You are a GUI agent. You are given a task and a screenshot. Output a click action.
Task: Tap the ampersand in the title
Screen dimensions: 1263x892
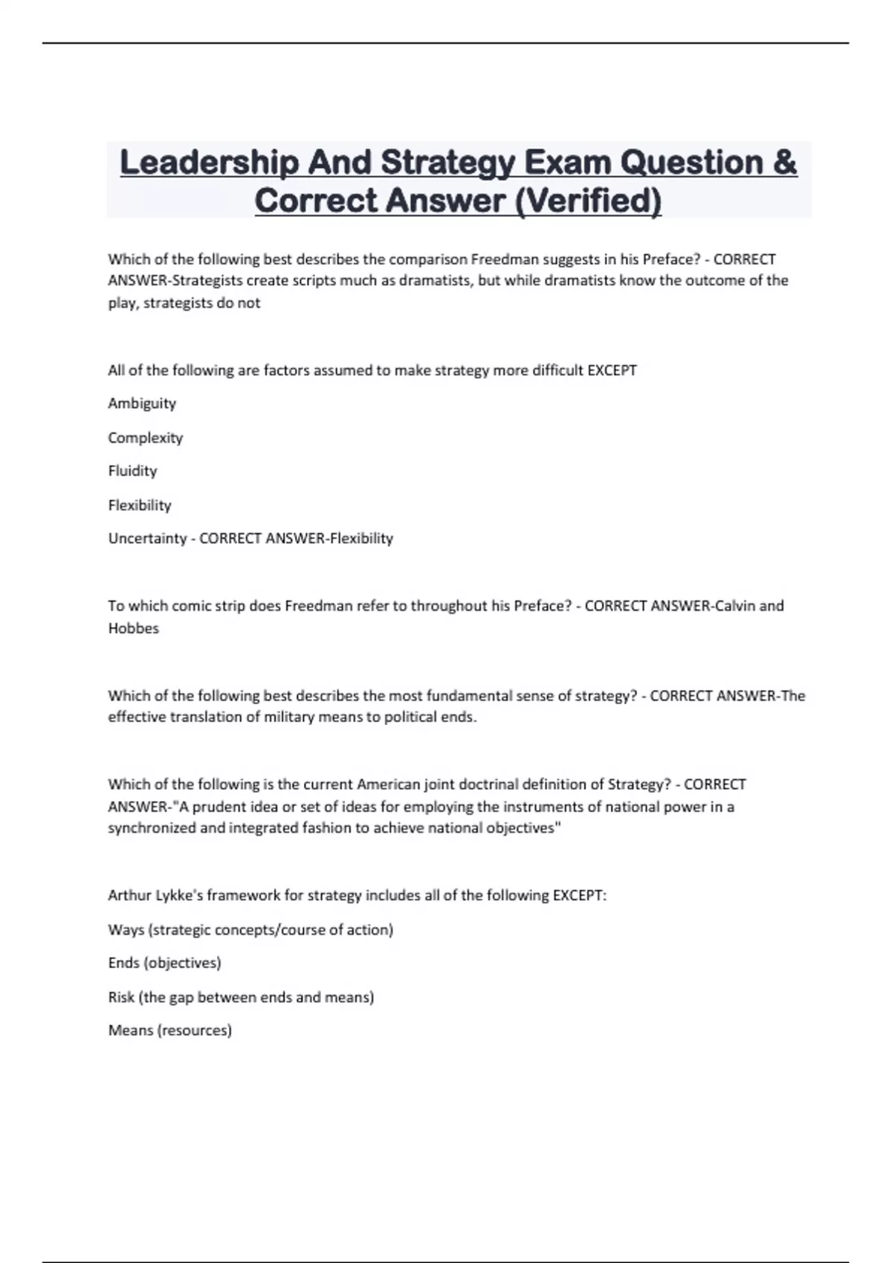[784, 163]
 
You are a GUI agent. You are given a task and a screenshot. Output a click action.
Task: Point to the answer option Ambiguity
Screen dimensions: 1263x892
[142, 403]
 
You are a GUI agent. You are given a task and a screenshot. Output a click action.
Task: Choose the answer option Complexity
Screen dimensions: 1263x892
[146, 438]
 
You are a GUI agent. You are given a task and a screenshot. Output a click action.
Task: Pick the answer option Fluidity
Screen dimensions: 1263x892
[132, 471]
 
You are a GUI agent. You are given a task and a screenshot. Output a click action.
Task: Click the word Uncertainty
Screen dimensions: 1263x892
[147, 539]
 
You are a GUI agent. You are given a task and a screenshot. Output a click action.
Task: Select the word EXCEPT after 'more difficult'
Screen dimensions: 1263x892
[612, 370]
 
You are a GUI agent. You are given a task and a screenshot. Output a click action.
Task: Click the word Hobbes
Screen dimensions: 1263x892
[134, 629]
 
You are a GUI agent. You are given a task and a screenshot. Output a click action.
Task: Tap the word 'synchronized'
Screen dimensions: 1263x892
[152, 828]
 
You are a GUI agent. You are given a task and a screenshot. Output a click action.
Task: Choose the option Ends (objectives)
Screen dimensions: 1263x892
[164, 963]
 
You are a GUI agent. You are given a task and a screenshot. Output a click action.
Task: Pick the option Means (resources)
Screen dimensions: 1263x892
[169, 1030]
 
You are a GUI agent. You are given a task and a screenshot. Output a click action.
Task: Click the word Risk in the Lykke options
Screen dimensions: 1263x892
[121, 997]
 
